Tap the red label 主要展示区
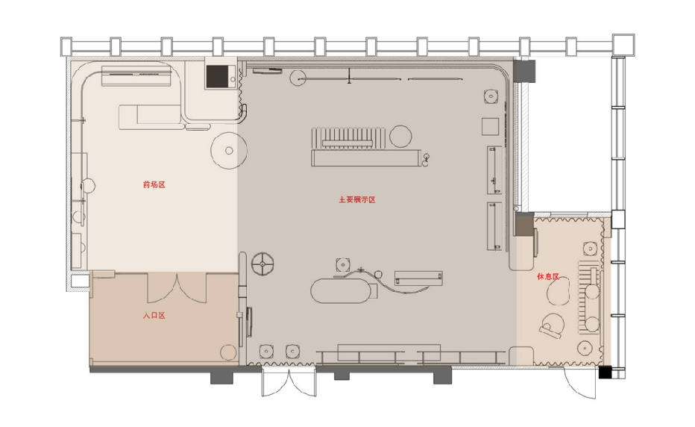tap(356, 200)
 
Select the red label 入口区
tap(154, 316)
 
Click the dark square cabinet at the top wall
tap(217, 76)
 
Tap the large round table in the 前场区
tap(228, 150)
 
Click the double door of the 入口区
tap(176, 286)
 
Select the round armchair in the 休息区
tap(553, 326)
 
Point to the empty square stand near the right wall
tap(490, 125)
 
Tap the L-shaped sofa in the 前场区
tap(150, 116)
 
